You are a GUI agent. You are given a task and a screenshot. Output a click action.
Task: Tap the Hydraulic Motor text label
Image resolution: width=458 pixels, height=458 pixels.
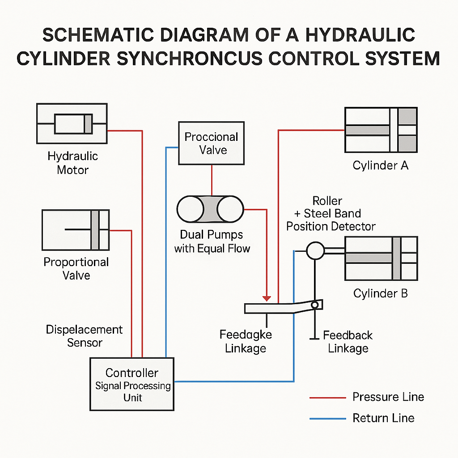point(72,163)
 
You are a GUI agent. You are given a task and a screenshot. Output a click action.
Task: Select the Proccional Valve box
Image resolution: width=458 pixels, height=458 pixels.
point(211,143)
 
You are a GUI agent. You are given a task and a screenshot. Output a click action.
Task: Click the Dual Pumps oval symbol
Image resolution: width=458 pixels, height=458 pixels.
point(210,209)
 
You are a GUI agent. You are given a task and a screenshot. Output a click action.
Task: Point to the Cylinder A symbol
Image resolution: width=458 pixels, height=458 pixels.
point(381,130)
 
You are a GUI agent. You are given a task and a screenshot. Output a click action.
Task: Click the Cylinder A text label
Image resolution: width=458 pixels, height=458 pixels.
point(381,165)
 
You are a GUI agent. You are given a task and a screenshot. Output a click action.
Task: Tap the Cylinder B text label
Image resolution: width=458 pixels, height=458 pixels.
point(381,293)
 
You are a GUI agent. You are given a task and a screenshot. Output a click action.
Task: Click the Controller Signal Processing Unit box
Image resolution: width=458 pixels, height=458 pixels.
point(132,384)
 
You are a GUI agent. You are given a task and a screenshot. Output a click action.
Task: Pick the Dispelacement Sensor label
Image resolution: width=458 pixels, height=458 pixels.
point(84,336)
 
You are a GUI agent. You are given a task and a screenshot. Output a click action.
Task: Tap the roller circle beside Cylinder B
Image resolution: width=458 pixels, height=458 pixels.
point(315,250)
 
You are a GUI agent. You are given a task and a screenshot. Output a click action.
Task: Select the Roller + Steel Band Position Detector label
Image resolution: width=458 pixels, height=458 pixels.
point(331,213)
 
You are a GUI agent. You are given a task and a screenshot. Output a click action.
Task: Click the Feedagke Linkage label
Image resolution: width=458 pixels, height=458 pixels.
point(246,342)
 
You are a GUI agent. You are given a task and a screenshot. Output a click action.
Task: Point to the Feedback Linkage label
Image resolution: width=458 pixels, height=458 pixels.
point(348,342)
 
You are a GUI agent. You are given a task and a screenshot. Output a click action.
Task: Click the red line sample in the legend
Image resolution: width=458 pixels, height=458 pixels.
point(328,397)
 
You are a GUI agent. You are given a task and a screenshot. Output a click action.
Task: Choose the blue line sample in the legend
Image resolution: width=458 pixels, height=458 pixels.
point(328,419)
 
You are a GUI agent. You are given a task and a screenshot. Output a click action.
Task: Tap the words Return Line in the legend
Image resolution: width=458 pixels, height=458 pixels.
point(383,418)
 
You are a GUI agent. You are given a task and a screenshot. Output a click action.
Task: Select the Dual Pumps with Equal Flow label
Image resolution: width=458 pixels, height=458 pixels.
point(212,242)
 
